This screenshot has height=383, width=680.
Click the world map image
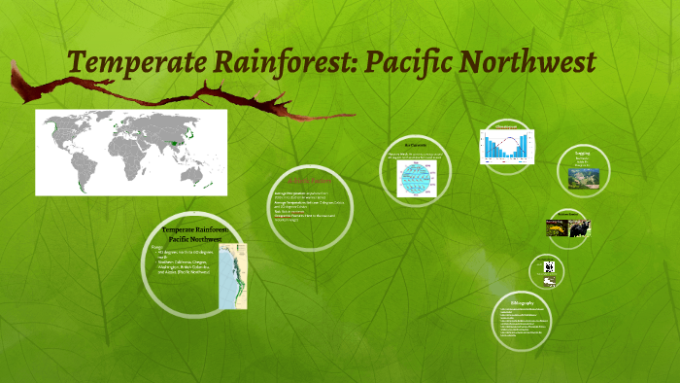coord(131,152)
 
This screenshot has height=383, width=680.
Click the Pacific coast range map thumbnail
coord(233,277)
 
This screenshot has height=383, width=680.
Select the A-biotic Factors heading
coord(301,182)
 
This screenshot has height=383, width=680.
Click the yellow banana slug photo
coord(557,226)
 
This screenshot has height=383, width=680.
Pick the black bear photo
coord(580,227)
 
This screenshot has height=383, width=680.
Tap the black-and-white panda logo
coord(549,265)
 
